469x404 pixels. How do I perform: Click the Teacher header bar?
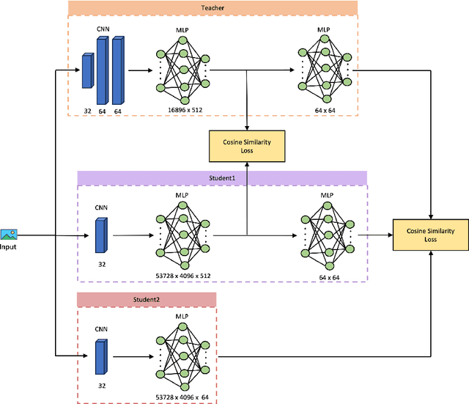point(213,8)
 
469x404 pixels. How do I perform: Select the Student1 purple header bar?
point(222,178)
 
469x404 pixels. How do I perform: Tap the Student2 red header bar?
point(147,299)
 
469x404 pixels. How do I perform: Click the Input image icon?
point(9,234)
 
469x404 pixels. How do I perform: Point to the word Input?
point(9,247)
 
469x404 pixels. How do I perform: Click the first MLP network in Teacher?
point(182,70)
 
